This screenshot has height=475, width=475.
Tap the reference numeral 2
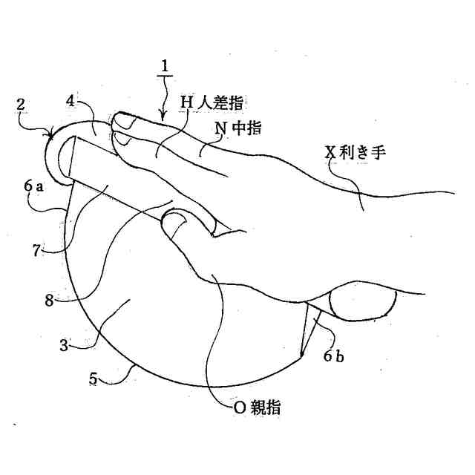tap(22, 106)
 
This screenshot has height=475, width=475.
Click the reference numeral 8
tap(48, 301)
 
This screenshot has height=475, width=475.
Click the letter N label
tap(220, 128)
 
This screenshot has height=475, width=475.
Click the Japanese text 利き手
tap(364, 153)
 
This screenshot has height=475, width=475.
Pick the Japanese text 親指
tap(265, 407)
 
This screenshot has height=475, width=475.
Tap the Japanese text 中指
tap(246, 128)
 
